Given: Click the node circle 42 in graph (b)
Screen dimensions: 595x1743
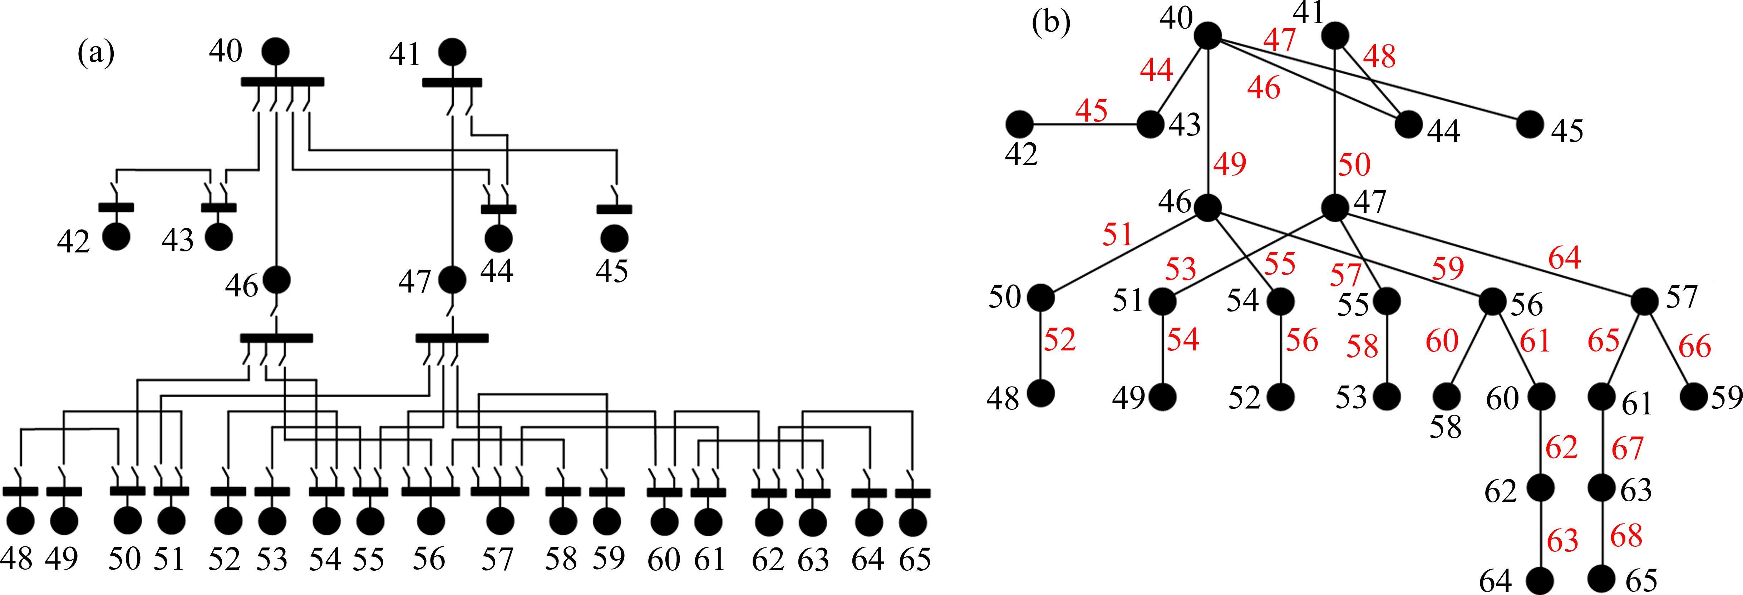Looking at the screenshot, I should click(1020, 124).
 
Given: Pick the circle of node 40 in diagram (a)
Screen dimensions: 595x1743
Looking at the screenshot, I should click(275, 51).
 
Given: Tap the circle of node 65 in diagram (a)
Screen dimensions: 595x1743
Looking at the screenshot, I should click(913, 522).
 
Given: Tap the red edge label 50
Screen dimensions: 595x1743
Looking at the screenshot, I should click(1355, 164).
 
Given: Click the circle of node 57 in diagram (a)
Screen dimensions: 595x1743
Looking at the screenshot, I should click(500, 522).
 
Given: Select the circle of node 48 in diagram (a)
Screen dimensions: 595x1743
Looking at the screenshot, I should click(20, 522).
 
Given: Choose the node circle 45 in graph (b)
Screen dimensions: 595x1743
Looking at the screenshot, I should click(1530, 124).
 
